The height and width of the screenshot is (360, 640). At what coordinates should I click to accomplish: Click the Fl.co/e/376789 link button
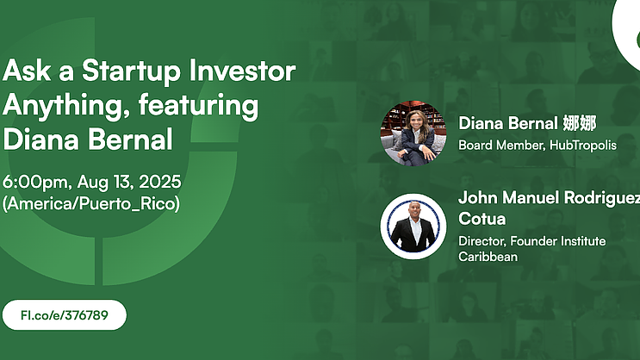tap(65, 315)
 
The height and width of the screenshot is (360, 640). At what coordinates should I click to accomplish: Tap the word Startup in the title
tap(131, 71)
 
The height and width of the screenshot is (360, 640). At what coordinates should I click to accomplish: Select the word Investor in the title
tap(242, 71)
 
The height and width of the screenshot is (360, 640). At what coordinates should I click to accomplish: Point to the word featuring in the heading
tap(198, 106)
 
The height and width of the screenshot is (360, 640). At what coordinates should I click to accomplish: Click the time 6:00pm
tap(37, 182)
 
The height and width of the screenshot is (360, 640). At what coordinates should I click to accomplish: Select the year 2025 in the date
tap(160, 182)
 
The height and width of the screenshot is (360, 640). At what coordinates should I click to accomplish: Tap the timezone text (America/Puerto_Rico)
tap(91, 203)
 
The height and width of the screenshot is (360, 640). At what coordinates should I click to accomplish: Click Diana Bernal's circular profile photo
tap(413, 133)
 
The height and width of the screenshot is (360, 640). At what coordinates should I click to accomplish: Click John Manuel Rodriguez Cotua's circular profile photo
tap(413, 227)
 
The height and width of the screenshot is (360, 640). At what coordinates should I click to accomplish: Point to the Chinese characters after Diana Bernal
tap(580, 123)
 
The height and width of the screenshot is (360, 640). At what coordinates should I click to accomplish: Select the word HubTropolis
tap(583, 146)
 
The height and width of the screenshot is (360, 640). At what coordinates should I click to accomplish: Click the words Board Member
tap(501, 146)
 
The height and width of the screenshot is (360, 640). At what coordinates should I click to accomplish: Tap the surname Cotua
tap(482, 219)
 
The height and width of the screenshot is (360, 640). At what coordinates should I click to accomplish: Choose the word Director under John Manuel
tap(482, 241)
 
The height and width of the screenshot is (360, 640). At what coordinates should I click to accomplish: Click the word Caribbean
tap(488, 257)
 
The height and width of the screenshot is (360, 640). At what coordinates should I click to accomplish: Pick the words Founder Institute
tap(558, 241)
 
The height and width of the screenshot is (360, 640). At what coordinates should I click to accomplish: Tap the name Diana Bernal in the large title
tap(88, 140)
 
